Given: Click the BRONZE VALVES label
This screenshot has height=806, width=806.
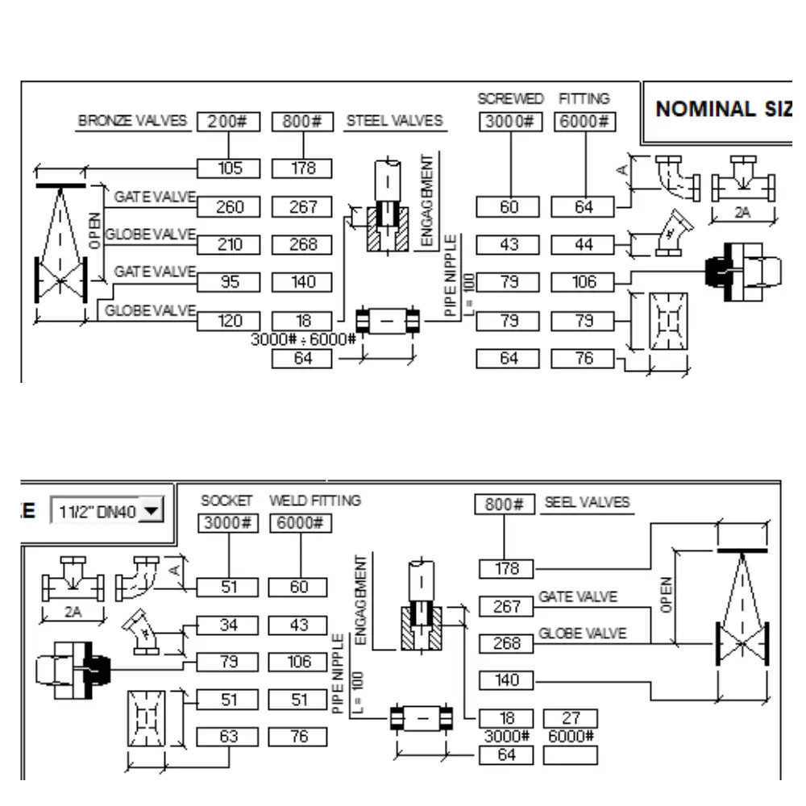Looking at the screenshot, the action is (132, 121).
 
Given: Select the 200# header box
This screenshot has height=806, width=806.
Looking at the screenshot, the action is (228, 122).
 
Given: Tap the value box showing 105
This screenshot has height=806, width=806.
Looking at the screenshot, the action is (228, 168).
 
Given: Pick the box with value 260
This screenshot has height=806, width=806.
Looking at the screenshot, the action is (228, 206).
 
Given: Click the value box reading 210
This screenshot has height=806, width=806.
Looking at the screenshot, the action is (228, 245).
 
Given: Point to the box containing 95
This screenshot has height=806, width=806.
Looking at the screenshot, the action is (228, 282).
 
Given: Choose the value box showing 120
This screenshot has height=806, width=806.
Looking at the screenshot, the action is (228, 322).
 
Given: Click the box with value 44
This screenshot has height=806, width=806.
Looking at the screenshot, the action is (583, 245).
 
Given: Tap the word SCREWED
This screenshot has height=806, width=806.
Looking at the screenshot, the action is (510, 98).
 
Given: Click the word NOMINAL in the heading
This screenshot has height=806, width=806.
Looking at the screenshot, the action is (705, 109).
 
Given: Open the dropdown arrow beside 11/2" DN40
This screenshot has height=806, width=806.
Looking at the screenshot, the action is (152, 511).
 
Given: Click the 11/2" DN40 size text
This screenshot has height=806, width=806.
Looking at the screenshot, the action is (98, 512).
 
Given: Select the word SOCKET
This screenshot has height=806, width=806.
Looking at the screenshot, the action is (226, 501).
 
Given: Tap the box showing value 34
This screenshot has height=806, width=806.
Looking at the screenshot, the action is (228, 625).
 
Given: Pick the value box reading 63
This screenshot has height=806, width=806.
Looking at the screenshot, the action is (228, 737).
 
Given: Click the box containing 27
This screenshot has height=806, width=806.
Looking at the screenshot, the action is (571, 718).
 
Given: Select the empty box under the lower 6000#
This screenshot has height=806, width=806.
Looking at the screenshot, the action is (571, 756).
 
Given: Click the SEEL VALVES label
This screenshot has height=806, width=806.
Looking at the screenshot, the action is (587, 502).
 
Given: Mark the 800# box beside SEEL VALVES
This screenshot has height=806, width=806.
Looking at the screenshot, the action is (505, 505).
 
